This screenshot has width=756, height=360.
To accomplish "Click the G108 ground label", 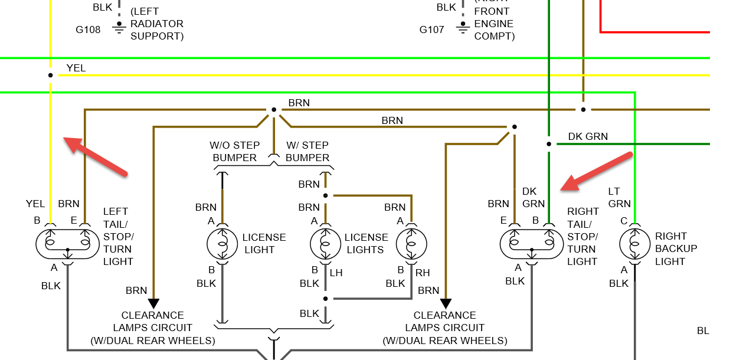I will click(x=88, y=30).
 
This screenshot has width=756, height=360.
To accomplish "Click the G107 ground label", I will click(x=431, y=30).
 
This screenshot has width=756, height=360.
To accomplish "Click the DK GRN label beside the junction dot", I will click(x=588, y=136).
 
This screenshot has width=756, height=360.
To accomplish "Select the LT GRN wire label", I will click(x=619, y=197).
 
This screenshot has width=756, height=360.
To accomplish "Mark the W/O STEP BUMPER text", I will click(x=235, y=151).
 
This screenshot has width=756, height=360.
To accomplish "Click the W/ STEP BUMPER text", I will click(x=307, y=151).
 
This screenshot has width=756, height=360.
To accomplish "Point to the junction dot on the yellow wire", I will click(x=51, y=75).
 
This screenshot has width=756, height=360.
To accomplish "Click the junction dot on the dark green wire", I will click(x=549, y=143).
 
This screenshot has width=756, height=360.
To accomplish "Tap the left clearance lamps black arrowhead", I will click(x=153, y=303).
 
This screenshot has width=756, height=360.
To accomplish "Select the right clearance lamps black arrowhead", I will click(x=446, y=303).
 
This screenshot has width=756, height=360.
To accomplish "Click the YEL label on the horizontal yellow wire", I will click(x=76, y=68).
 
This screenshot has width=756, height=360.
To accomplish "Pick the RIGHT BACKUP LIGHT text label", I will click(x=676, y=248).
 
